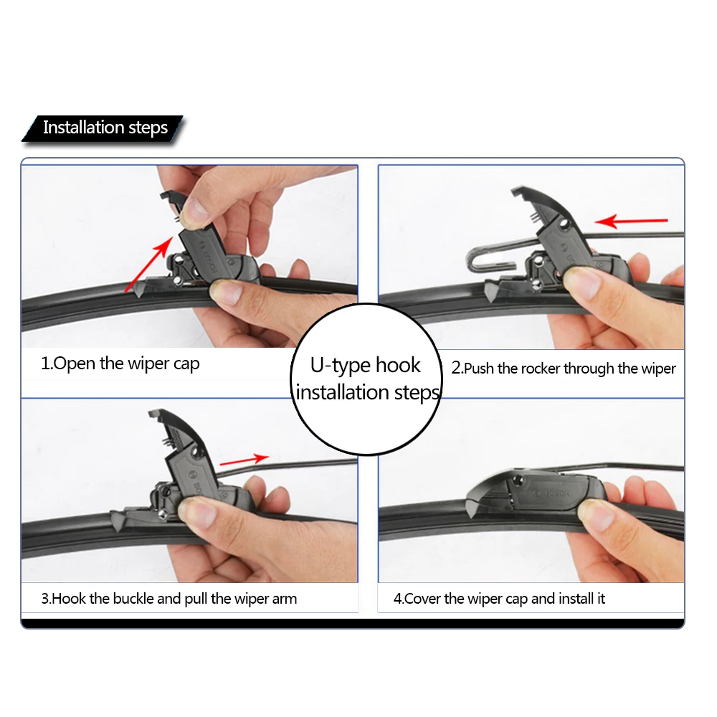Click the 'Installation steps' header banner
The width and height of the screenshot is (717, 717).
click(x=105, y=128)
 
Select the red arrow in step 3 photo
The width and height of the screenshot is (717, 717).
click(x=244, y=460)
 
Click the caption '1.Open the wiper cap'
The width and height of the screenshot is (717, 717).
click(x=120, y=364)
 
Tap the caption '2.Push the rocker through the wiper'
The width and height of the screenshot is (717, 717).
click(x=564, y=369)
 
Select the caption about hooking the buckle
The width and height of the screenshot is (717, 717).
click(x=168, y=598)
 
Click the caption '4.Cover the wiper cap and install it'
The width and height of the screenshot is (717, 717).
click(x=499, y=598)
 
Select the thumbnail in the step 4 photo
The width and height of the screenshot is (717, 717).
click(x=595, y=515)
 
